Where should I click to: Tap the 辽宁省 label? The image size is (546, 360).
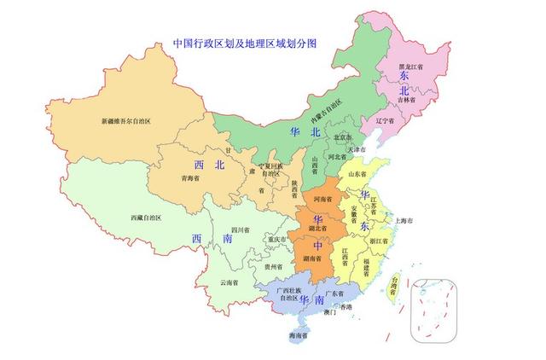pos(386,121)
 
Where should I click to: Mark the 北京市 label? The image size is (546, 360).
pos(343,137)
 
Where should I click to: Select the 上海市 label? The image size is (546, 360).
pos(404,221)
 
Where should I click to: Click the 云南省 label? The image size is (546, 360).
pos(229,282)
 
